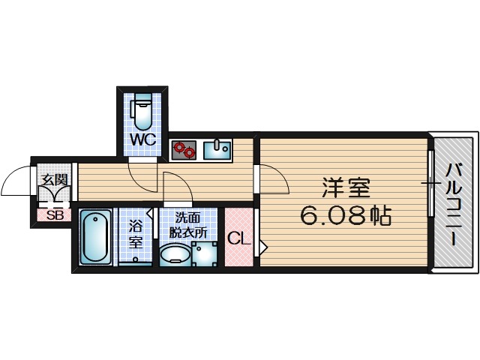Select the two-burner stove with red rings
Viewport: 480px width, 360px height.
[x=184, y=150]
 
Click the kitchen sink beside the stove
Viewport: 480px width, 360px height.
[x=219, y=148]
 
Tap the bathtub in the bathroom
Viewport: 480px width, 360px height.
[x=95, y=236]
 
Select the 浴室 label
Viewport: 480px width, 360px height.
[x=135, y=234]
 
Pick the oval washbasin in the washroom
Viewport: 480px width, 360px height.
[x=174, y=256]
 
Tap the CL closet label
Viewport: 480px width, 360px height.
[x=239, y=239]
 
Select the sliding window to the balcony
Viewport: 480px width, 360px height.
[x=431, y=182]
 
